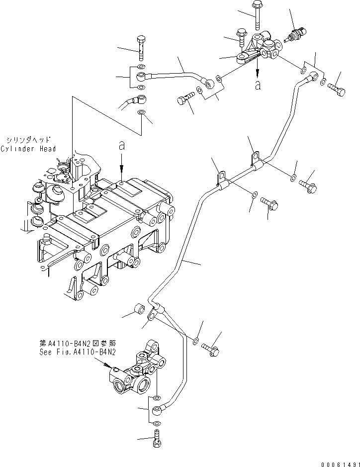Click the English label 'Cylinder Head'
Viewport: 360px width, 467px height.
coord(28,149)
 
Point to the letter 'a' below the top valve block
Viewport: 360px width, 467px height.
coord(257,85)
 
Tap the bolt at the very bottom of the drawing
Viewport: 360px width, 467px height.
coord(158,440)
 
